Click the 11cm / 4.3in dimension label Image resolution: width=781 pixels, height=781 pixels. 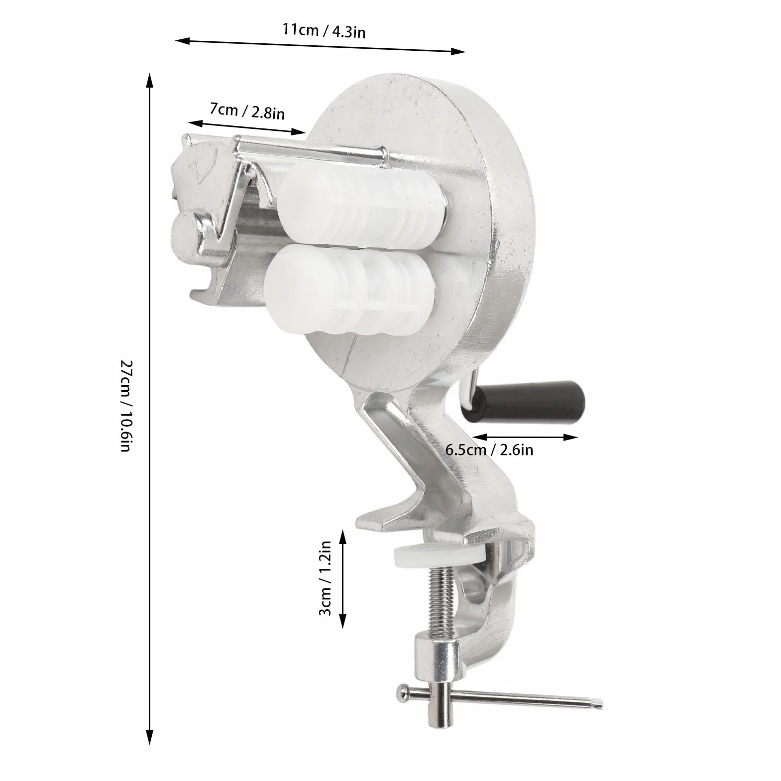pos(324,31)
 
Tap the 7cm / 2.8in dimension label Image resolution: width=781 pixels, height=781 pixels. pos(247,111)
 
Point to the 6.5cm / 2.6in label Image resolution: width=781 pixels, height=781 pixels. pos(489,450)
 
